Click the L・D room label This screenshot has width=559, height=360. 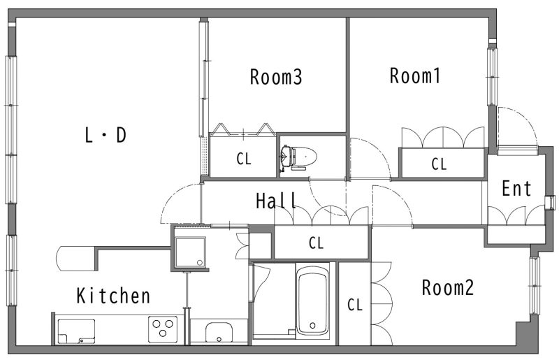pyautogui.click(x=106, y=136)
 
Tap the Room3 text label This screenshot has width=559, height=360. pyautogui.click(x=276, y=77)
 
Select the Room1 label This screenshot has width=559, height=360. pyautogui.click(x=415, y=75)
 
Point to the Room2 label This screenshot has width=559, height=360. pyautogui.click(x=448, y=287)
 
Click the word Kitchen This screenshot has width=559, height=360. pyautogui.click(x=113, y=296)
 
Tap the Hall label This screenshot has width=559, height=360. pyautogui.click(x=277, y=201)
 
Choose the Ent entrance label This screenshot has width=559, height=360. pyautogui.click(x=517, y=188)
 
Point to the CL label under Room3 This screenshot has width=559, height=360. pyautogui.click(x=243, y=159)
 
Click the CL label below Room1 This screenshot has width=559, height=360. pyautogui.click(x=438, y=164)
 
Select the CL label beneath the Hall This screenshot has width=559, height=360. pyautogui.click(x=317, y=243)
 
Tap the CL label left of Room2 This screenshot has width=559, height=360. pyautogui.click(x=355, y=305)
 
